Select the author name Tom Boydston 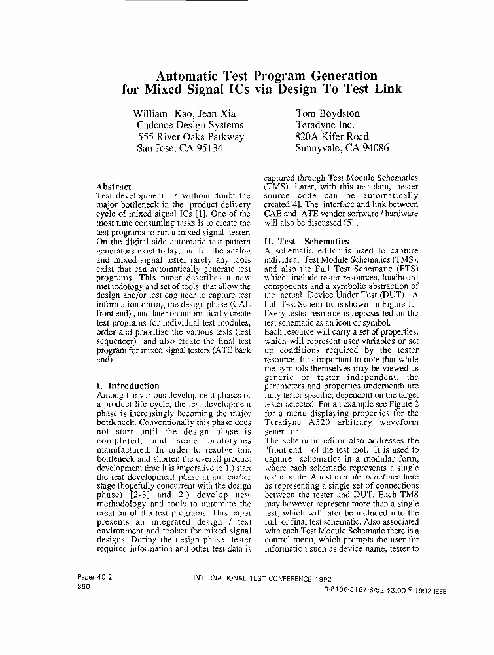328,113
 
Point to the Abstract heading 113,187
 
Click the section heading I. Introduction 128,386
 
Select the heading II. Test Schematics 306,241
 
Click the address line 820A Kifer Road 332,136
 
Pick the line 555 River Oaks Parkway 190,136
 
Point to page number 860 84,586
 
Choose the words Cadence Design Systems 190,124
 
